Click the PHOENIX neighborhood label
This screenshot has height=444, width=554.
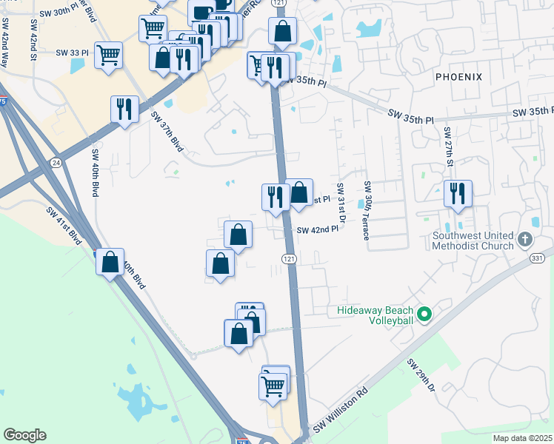click(458, 77)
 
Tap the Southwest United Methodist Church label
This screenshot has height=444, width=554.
click(473, 242)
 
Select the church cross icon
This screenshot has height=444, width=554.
click(524, 240)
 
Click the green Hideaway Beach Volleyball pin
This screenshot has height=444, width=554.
click(424, 315)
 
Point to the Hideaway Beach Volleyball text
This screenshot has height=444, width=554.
click(375, 316)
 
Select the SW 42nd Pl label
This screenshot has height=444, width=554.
click(317, 230)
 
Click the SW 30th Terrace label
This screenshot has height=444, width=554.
click(366, 211)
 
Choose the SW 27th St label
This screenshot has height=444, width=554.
click(448, 146)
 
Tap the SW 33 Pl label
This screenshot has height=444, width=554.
click(72, 53)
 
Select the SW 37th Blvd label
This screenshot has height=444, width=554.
click(167, 129)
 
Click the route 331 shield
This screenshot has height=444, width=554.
click(536, 257)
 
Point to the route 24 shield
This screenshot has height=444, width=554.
click(56, 162)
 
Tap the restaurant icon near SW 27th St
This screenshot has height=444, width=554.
click(458, 194)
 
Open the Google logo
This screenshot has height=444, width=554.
click(24, 434)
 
